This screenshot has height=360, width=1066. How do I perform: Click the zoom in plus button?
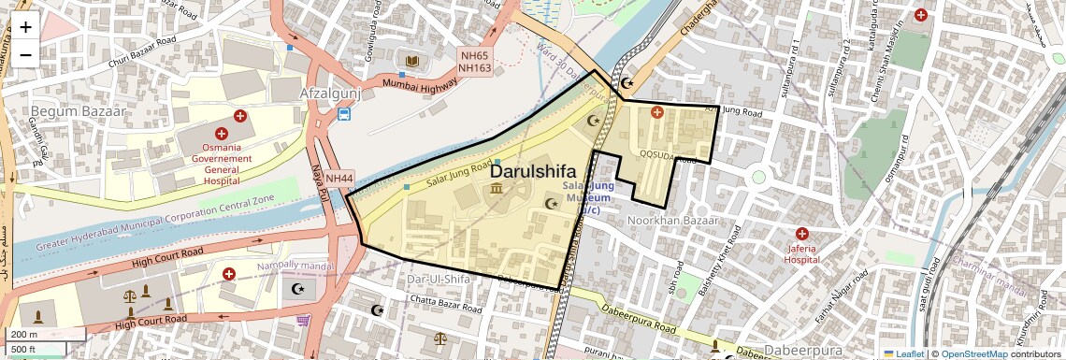tap(25, 27)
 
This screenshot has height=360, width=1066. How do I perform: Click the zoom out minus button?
tap(25, 54)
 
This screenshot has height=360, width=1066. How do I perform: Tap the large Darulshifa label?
tap(533, 171)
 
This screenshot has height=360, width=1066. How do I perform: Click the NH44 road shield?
tap(339, 178)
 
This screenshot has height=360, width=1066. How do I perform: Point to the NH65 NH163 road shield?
tap(475, 62)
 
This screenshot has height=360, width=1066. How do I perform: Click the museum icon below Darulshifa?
tap(494, 190)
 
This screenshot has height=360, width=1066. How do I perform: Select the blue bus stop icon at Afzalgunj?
tap(344, 114)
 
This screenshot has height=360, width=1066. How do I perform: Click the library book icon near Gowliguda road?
tap(410, 62)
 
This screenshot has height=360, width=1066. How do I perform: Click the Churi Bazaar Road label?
tap(141, 52)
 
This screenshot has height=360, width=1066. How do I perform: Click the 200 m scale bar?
tap(45, 335)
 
